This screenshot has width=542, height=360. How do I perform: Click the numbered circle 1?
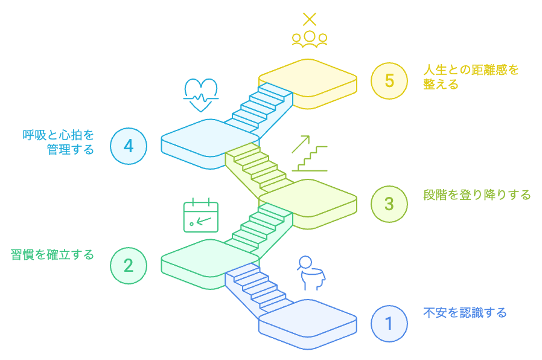[389, 323]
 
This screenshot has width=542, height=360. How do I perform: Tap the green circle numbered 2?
[129, 265]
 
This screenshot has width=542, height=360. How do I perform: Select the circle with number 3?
[389, 204]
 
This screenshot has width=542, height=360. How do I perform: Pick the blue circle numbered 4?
[129, 146]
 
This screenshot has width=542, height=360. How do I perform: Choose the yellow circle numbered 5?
[389, 80]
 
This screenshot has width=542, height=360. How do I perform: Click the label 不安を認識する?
[465, 313]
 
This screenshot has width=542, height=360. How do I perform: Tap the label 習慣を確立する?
[53, 255]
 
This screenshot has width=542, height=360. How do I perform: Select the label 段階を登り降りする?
[477, 195]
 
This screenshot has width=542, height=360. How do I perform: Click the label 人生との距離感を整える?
[471, 77]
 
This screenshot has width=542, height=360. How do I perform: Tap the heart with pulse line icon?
[201, 94]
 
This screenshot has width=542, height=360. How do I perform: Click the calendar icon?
[200, 215]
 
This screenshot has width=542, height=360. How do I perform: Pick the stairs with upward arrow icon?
[309, 154]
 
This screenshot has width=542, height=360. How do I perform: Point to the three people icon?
[310, 39]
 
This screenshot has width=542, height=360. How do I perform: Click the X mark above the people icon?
[310, 19]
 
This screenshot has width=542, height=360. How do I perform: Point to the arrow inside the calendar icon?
[204, 220]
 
